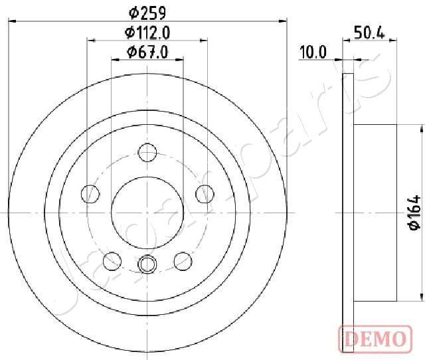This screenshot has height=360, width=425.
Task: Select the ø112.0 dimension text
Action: click(147, 33)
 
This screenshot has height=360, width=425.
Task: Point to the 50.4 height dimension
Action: click(369, 33)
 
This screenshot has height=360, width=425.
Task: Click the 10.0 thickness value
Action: click(313, 52)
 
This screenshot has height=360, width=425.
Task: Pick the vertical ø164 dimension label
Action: click(414, 213)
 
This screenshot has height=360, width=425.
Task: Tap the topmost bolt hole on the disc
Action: click(147, 153)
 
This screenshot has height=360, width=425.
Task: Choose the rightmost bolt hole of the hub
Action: click(205, 194)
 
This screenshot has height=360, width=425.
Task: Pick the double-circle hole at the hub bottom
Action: click(147, 264)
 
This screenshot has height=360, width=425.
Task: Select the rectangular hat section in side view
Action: click(375, 213)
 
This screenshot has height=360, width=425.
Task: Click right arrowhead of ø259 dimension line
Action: click(282, 21)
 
